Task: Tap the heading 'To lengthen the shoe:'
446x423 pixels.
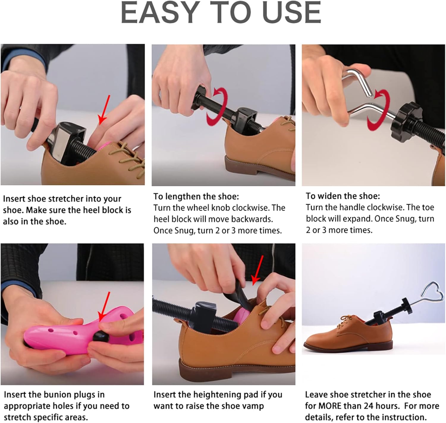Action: (x=196, y=196)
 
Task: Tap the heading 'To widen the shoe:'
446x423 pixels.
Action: (x=343, y=196)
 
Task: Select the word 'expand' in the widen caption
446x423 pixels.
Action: (x=357, y=219)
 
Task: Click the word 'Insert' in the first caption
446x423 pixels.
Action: (x=14, y=199)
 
